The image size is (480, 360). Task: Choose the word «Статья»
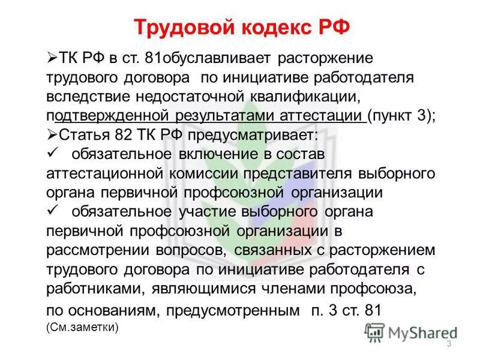[79, 135]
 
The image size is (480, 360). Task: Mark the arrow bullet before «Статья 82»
[51, 135]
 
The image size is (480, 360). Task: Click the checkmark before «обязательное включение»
[52, 154]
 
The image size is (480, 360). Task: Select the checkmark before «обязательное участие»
[52, 211]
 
